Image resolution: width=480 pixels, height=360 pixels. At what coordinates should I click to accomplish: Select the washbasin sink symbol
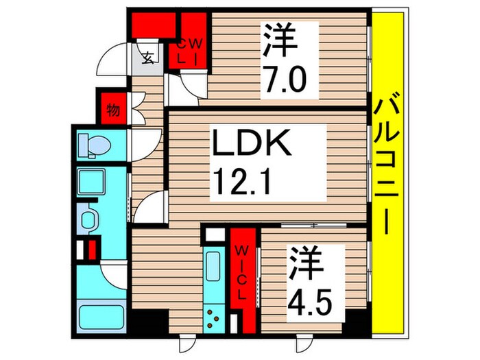90,220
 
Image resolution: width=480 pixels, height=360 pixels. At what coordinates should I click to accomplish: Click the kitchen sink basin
214,265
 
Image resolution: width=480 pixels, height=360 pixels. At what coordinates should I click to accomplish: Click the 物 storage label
113,110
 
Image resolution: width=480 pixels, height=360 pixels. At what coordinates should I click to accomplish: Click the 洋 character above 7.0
280,43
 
